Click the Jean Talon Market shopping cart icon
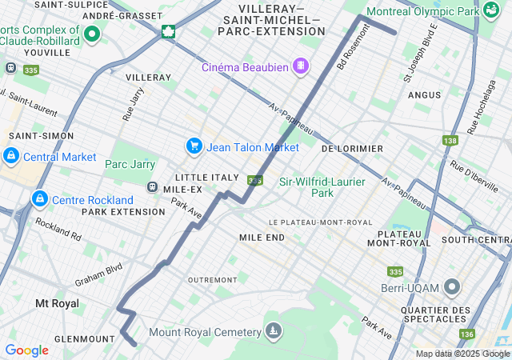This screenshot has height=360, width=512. tap(194, 146)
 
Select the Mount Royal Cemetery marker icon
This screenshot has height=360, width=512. tap(274, 330)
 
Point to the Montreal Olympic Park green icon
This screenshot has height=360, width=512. tap(490, 11)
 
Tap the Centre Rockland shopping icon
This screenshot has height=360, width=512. tap(38, 198)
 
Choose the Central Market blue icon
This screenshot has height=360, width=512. tap(11, 155)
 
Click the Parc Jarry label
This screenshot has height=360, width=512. tap(130, 165)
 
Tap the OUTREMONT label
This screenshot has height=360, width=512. tap(212, 279)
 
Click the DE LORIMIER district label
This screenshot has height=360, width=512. tap(352, 149)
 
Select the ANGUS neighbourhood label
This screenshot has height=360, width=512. tap(424, 94)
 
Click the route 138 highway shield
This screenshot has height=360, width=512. tap(450, 140)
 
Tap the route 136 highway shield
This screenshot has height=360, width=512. tap(467, 334)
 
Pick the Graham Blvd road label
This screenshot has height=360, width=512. tap(98, 274)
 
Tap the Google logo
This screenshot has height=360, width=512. tap(26, 350)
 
